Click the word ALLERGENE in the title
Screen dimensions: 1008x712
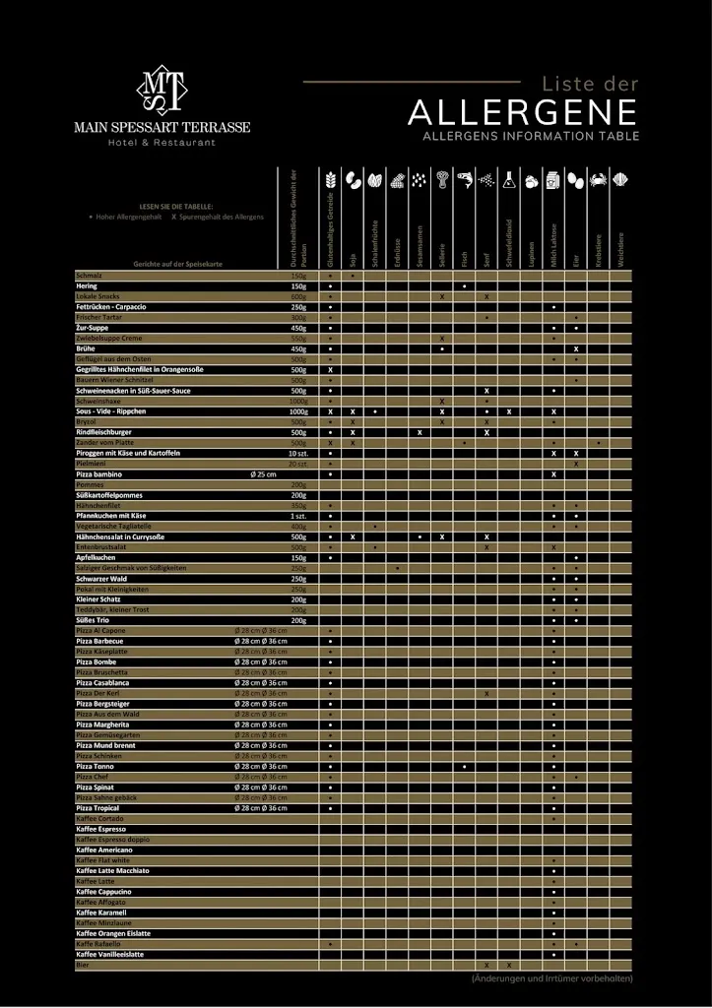[x=522, y=112]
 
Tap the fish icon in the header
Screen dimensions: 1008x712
[x=465, y=181]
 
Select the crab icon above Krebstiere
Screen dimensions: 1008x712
[x=599, y=181]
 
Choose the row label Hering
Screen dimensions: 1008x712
[x=87, y=285]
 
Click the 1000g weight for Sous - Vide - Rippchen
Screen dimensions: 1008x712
[x=298, y=411]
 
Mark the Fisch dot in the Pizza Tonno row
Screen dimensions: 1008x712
[x=464, y=766]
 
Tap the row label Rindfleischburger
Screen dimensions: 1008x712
[x=103, y=432]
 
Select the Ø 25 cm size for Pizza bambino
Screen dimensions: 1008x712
[x=263, y=474]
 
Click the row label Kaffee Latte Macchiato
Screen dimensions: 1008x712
[x=112, y=870]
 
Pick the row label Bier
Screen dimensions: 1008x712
[x=82, y=965]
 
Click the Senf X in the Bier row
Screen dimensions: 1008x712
[x=486, y=965]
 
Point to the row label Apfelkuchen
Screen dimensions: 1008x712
[x=97, y=557]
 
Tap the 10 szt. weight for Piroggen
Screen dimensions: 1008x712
[x=298, y=453]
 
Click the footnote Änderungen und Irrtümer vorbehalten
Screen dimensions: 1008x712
[x=551, y=978]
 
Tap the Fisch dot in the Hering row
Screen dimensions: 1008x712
[x=464, y=285]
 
